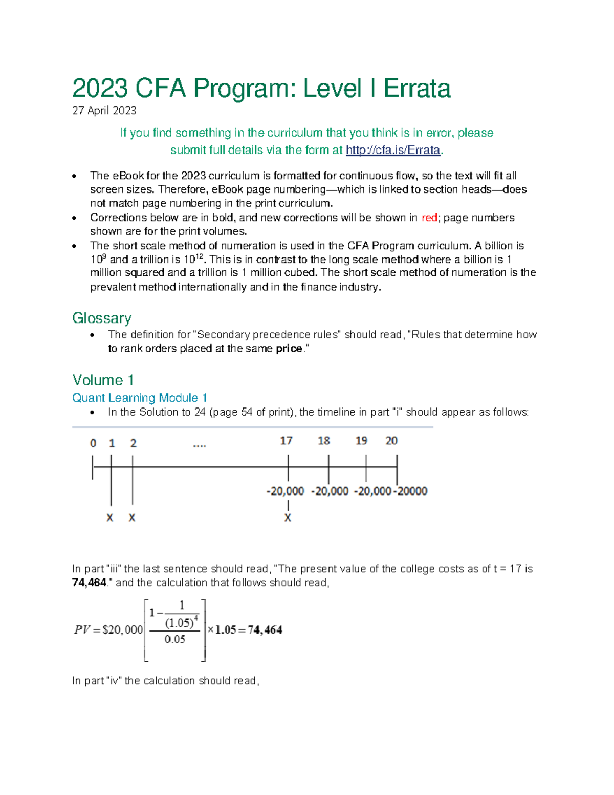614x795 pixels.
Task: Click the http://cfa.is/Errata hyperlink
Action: (x=392, y=150)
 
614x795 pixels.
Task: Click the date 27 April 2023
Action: (x=104, y=111)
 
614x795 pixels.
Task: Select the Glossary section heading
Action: (x=102, y=318)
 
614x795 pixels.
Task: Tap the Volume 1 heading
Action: (x=103, y=380)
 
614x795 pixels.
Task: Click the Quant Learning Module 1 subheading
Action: (x=140, y=398)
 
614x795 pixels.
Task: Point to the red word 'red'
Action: (x=429, y=218)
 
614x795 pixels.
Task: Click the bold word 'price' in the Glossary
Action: (x=289, y=349)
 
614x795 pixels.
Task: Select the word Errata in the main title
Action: (x=416, y=89)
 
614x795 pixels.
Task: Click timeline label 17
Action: (x=286, y=441)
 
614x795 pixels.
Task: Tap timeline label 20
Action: (x=391, y=441)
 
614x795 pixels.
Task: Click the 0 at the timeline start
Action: (x=93, y=443)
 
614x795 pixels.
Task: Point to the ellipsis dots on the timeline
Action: (x=199, y=445)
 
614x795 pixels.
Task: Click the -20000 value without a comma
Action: (x=411, y=491)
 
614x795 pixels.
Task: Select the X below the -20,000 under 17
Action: (x=288, y=518)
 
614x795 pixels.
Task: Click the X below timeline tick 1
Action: (x=109, y=518)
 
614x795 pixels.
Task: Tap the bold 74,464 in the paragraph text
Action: (x=89, y=583)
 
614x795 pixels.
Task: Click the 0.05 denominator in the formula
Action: (x=175, y=639)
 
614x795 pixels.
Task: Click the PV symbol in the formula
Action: (x=82, y=630)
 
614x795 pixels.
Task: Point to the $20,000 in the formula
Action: (x=123, y=630)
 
